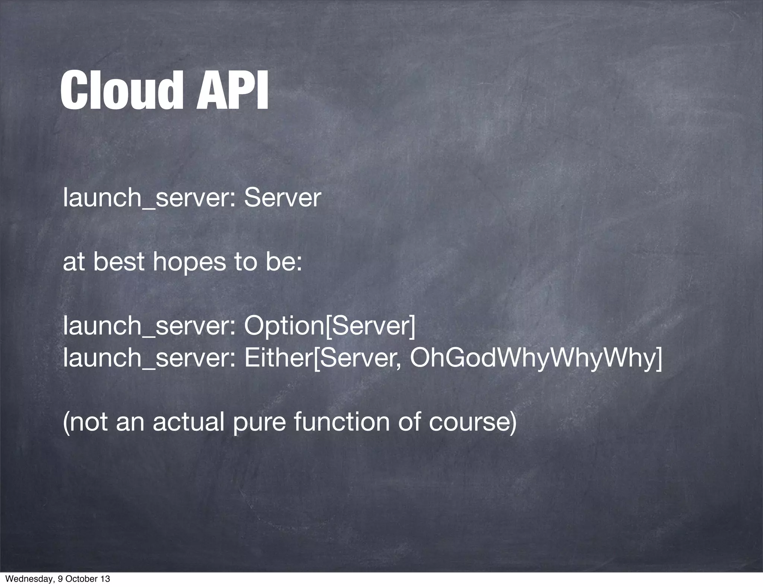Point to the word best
click(118, 261)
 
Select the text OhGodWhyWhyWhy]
click(536, 358)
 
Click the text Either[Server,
click(323, 358)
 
